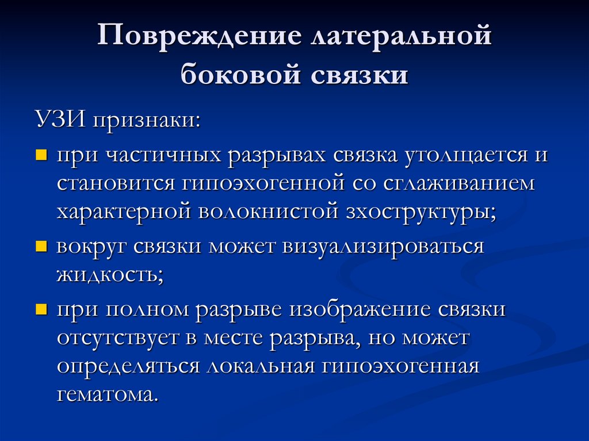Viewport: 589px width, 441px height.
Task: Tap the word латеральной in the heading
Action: coord(400,39)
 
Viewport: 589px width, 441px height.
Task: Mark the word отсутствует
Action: coord(117,338)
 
